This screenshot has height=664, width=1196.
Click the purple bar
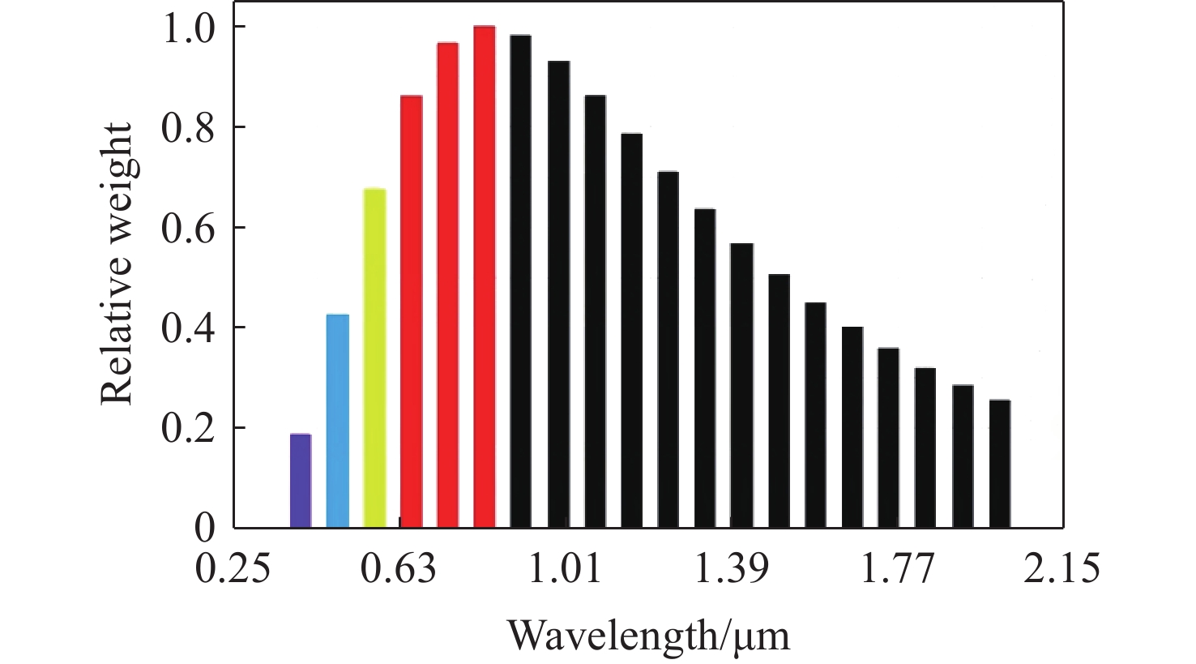pyautogui.click(x=301, y=481)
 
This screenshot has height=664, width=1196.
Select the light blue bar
pyautogui.click(x=337, y=421)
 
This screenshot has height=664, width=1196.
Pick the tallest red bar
pyautogui.click(x=484, y=276)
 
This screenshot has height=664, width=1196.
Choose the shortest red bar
pyautogui.click(x=412, y=311)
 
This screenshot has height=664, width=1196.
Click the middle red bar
pyautogui.click(x=448, y=285)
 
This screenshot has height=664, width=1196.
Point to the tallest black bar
pyautogui.click(x=520, y=281)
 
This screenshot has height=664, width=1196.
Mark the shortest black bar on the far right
pyautogui.click(x=1000, y=463)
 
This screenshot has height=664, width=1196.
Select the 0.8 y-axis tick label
pyautogui.click(x=189, y=127)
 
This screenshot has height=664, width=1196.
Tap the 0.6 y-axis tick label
pyautogui.click(x=189, y=228)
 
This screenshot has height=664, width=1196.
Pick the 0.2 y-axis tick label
pyautogui.click(x=189, y=428)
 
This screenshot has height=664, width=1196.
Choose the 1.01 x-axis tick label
pyautogui.click(x=565, y=569)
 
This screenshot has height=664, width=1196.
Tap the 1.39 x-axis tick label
pyautogui.click(x=731, y=569)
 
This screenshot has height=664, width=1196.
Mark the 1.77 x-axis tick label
pyautogui.click(x=897, y=569)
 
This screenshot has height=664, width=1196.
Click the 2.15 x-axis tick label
pyautogui.click(x=1062, y=569)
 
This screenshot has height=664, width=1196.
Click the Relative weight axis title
pyautogui.click(x=117, y=264)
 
